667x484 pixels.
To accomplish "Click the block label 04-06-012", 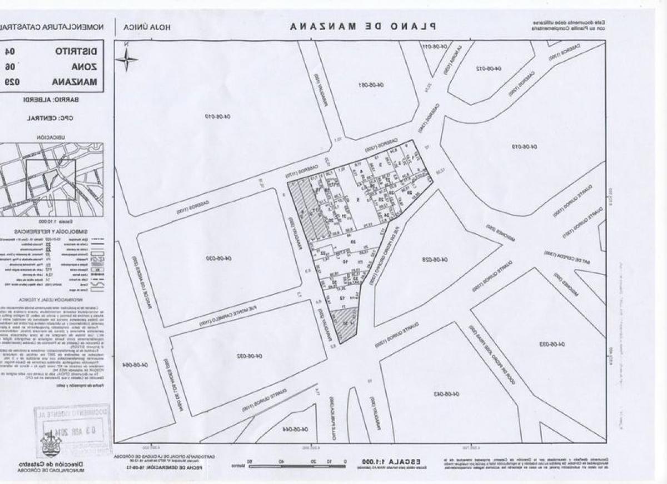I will pos(489,68).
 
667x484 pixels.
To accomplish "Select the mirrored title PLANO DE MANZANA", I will pos(363,26).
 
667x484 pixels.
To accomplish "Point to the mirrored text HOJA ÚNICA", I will pos(147,27).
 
